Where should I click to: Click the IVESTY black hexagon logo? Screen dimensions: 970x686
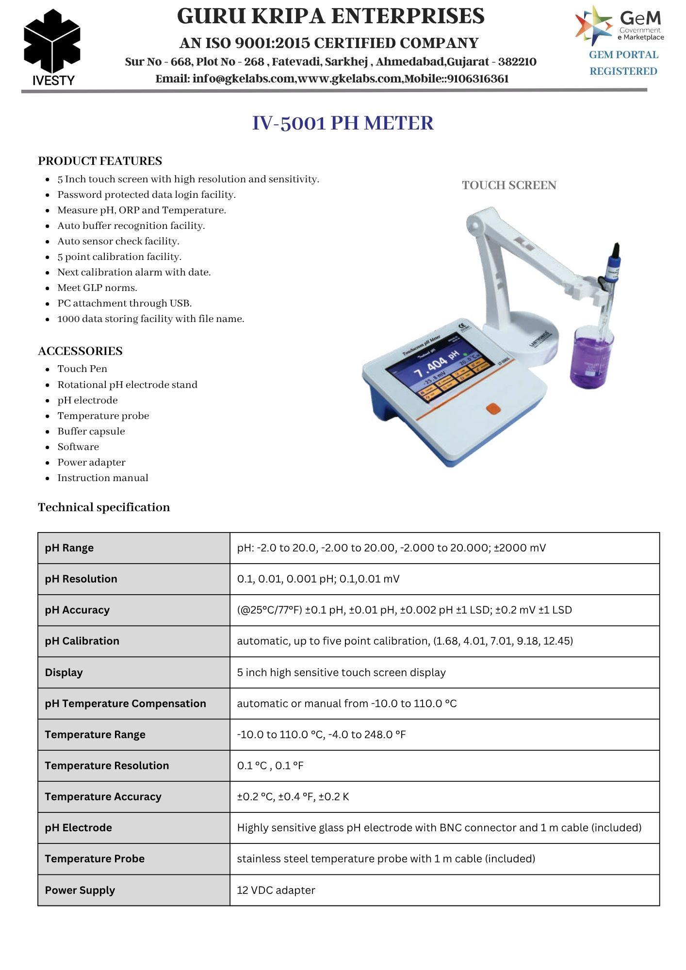[52, 43]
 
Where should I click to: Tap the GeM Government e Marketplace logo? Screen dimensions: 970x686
[620, 26]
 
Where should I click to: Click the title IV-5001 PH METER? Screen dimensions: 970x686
[343, 123]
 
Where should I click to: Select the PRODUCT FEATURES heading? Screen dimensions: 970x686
[100, 161]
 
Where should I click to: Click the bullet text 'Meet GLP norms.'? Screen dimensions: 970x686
[97, 288]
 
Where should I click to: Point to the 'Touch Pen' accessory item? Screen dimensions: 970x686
[82, 369]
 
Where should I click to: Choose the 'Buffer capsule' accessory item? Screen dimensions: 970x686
[91, 431]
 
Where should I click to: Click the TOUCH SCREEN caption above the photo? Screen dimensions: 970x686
[509, 185]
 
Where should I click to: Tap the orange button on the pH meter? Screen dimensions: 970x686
[493, 408]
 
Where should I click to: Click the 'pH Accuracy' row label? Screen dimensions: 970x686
[77, 610]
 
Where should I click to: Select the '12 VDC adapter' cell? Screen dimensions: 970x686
[276, 890]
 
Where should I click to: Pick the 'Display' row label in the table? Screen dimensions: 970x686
[64, 672]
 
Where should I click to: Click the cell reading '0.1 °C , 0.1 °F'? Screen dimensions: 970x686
[270, 766]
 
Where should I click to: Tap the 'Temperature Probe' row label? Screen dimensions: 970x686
[95, 859]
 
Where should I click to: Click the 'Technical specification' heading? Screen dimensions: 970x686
[104, 507]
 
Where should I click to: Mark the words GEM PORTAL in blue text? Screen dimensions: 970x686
[623, 55]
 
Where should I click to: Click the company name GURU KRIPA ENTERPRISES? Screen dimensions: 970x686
[330, 16]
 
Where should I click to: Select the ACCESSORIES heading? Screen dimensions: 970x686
[80, 351]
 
